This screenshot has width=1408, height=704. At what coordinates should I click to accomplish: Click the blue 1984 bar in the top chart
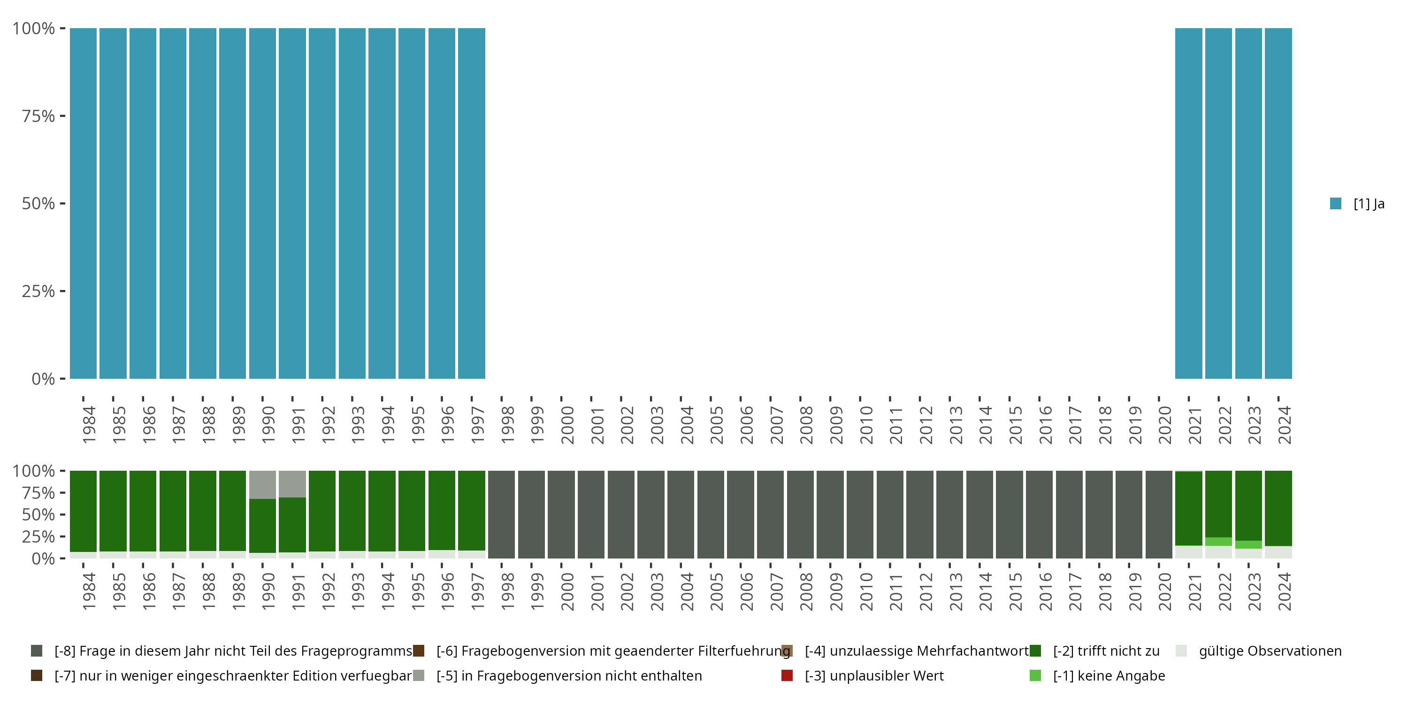[83, 203]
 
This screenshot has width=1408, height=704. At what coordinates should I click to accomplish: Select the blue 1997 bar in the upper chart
[471, 203]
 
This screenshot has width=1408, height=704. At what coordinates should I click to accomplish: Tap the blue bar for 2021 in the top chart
[1188, 203]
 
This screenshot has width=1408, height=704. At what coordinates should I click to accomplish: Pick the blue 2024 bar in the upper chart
[1278, 203]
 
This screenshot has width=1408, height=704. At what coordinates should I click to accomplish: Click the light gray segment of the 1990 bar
[262, 484]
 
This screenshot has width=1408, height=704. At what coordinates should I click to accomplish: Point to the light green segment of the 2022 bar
[1218, 542]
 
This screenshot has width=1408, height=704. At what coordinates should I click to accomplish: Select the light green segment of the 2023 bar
[1248, 544]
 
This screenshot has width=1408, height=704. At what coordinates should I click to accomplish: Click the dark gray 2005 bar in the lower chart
[711, 514]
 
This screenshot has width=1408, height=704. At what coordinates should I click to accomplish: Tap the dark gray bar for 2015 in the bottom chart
[1009, 514]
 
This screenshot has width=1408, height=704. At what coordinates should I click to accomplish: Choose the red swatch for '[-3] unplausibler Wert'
[787, 675]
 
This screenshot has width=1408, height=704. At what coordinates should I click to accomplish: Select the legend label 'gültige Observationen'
[1270, 651]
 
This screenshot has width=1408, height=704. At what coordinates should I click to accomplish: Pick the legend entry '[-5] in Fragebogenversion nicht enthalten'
[568, 675]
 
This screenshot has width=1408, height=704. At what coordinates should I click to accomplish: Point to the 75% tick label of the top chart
[38, 116]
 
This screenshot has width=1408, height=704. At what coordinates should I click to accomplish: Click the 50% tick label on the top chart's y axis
[38, 203]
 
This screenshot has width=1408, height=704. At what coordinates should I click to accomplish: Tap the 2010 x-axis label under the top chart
[866, 425]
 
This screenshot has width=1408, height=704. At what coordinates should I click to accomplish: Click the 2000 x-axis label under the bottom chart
[567, 591]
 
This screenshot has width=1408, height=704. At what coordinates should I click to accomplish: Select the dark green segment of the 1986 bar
[143, 511]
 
